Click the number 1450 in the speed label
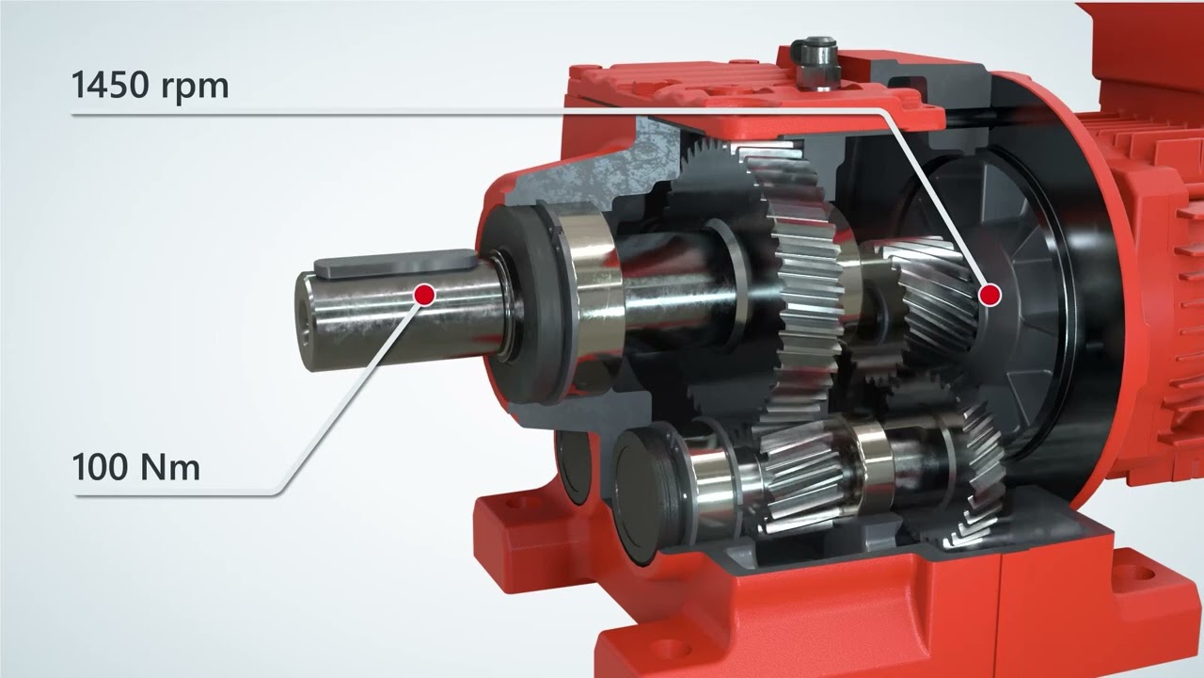[111, 84]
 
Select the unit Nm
[168, 467]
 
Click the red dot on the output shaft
[424, 295]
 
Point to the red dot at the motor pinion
[990, 295]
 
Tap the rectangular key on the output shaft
[395, 263]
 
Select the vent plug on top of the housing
[815, 62]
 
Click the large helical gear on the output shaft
[800, 285]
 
